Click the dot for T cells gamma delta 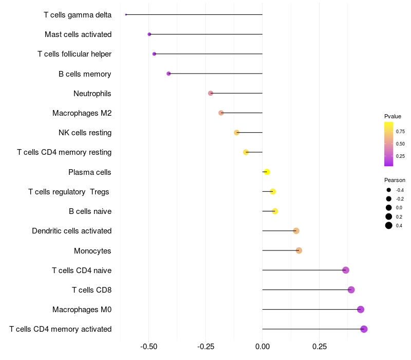click(126, 14)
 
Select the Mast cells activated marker click(150, 34)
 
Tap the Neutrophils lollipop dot click(211, 93)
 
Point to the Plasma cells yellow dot click(267, 172)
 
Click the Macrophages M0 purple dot click(361, 310)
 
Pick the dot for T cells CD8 click(351, 290)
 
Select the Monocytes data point click(299, 250)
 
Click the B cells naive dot click(275, 211)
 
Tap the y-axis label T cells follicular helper click(74, 54)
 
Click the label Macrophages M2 click(82, 113)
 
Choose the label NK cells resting click(85, 133)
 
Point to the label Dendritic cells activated click(71, 231)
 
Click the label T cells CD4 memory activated click(60, 329)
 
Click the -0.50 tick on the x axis click(149, 347)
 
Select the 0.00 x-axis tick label click(263, 347)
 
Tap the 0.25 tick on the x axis click(319, 347)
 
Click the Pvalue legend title click(393, 117)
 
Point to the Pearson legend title click(395, 181)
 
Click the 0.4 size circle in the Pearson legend click(389, 225)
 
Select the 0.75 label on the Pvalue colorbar click(400, 132)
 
